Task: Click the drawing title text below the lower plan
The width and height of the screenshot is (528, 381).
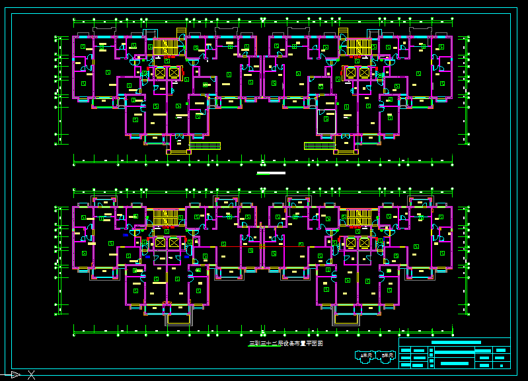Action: [285, 343]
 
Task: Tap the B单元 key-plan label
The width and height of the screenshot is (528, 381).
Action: [387, 356]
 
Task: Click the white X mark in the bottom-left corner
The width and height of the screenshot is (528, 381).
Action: [31, 375]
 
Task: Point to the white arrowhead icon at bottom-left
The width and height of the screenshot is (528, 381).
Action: [15, 375]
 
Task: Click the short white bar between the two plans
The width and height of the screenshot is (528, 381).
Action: [271, 173]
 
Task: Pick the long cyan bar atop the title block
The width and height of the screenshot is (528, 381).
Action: [455, 343]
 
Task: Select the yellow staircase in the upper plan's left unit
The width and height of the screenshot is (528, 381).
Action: [166, 47]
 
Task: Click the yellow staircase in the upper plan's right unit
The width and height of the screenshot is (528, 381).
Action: [359, 47]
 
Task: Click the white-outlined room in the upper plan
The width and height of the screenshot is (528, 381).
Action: [326, 122]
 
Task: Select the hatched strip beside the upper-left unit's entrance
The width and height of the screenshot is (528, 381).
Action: [205, 145]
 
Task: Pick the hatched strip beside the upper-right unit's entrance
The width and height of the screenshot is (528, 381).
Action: [319, 145]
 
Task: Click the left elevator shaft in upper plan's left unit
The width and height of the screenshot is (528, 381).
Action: [160, 72]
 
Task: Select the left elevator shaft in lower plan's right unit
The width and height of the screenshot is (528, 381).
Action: [351, 243]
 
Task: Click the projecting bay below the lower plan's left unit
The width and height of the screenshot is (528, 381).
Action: [177, 319]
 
